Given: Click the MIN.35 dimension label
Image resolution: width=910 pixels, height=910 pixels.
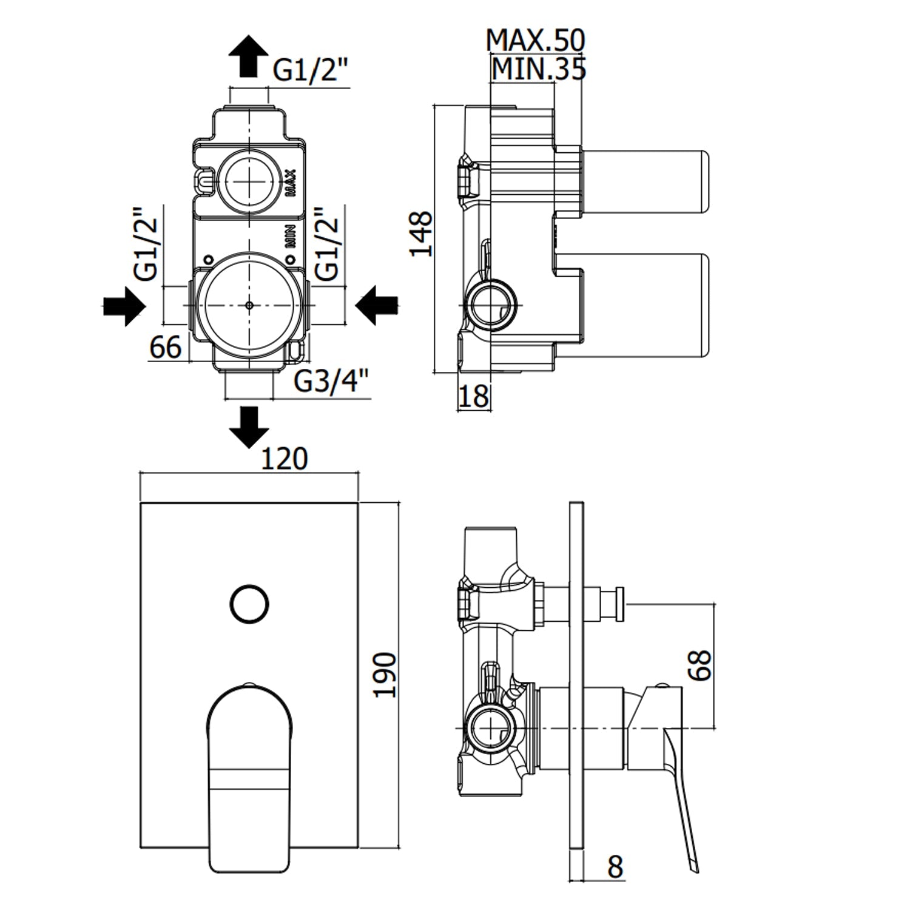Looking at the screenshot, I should [x=539, y=70].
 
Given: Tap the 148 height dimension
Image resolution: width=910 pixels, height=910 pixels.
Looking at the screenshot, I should [x=422, y=234].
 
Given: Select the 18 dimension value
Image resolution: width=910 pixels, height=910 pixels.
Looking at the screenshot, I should [x=473, y=396].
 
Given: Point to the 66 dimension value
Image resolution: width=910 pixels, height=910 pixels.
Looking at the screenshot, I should [x=165, y=348].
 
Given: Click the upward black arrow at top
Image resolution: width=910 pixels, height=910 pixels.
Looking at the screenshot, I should [x=249, y=56].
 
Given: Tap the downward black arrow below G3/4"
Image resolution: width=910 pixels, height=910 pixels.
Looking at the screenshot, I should [x=249, y=426].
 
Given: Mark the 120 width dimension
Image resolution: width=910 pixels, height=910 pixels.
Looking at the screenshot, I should [x=283, y=459].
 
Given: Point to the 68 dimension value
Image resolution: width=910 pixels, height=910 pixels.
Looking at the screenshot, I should [x=699, y=666].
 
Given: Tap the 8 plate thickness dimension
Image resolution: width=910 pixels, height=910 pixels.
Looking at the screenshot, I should [x=615, y=867].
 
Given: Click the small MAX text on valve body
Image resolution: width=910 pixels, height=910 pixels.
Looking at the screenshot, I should [x=291, y=183].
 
